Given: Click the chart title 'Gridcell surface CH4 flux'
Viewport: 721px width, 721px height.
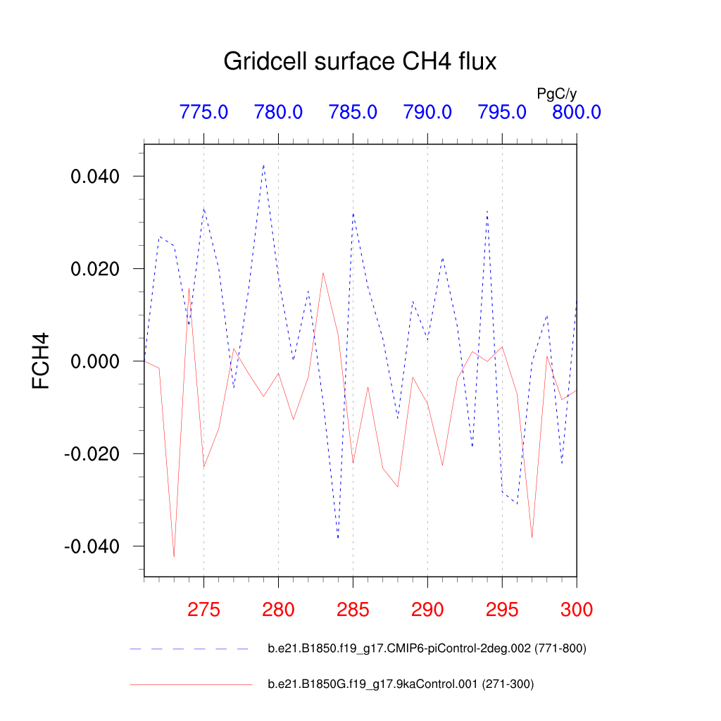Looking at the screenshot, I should pos(360,62).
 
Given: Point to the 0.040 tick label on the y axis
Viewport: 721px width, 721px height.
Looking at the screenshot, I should pos(99,176).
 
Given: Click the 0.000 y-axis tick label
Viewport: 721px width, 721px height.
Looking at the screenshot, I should pos(99,361).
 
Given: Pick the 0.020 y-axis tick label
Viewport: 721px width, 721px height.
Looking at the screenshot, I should pos(99,269).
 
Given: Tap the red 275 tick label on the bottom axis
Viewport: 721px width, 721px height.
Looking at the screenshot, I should pos(203,609).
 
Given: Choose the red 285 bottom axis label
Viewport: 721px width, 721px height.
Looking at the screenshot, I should pos(353,609).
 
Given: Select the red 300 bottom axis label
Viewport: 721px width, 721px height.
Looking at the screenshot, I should pos(576,609).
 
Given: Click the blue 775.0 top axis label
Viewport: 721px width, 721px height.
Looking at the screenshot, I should pos(203,112).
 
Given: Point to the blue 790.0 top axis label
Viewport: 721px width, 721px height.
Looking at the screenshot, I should pos(427,112).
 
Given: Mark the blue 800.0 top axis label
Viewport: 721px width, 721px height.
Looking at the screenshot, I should pos(576,112).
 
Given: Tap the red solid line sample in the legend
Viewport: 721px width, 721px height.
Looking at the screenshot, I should pos(190,684).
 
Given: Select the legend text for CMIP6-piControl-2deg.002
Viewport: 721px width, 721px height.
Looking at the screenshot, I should pos(427,648).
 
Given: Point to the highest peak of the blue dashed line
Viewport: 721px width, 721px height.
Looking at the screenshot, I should pos(263,165).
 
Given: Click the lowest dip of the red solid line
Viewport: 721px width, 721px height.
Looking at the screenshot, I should pos(174,557).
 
